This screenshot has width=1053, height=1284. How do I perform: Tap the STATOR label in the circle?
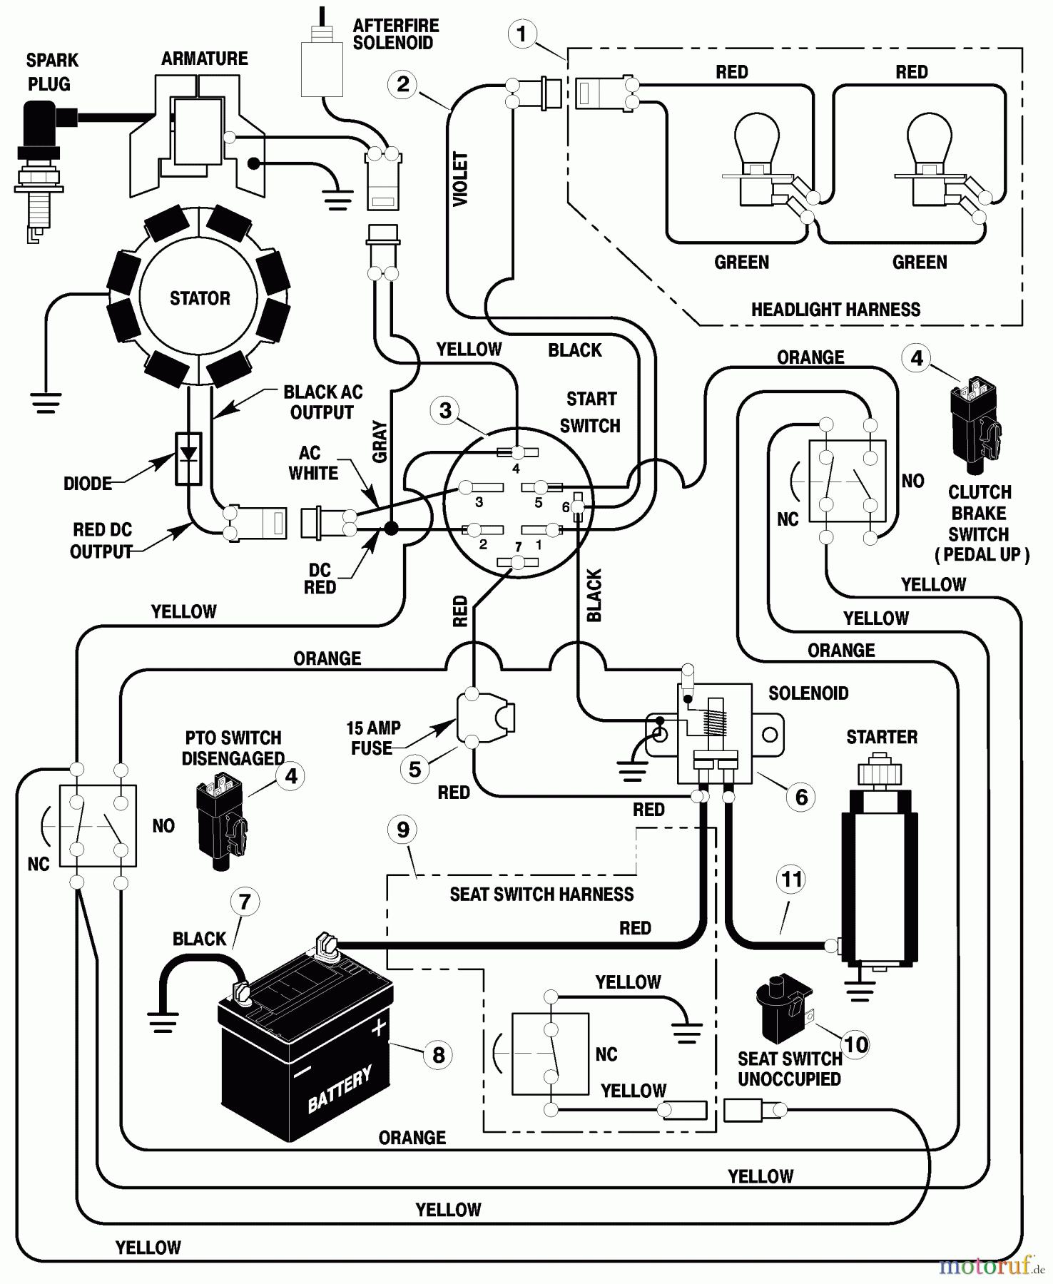tap(200, 298)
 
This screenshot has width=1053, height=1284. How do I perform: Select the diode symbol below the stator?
tap(188, 457)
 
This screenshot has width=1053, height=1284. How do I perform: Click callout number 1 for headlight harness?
tap(522, 34)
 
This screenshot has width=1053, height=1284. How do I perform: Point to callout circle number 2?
tap(403, 84)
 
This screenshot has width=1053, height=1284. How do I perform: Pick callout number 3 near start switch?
tap(446, 410)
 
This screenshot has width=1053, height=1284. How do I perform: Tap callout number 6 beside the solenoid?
tap(801, 797)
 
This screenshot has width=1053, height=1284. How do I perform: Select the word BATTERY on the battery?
tap(340, 1089)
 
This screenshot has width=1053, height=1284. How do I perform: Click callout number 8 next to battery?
tap(438, 1054)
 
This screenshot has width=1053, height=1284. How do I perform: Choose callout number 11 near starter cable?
tap(792, 880)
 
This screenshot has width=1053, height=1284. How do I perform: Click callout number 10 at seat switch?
tap(855, 1044)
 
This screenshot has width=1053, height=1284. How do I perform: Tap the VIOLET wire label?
tap(461, 178)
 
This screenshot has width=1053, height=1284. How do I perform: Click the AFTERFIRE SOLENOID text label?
tap(396, 34)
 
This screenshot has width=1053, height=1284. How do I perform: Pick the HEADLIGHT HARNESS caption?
tap(835, 310)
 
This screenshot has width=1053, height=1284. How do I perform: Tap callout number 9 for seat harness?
tap(403, 830)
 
